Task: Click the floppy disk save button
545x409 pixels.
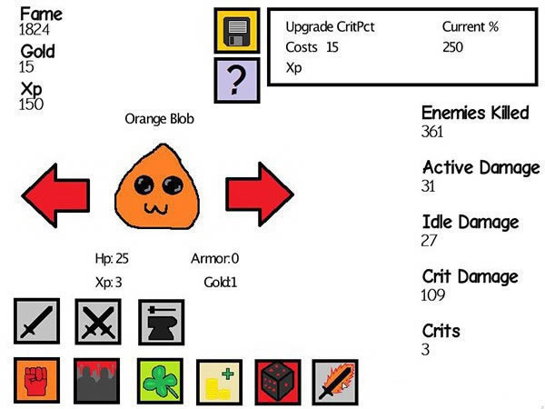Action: tap(236, 30)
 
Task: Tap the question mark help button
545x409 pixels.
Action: tap(236, 80)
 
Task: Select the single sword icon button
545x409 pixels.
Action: tap(36, 322)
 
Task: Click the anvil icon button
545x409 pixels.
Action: tap(161, 322)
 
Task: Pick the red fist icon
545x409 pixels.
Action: tap(36, 380)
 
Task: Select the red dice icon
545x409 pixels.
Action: tap(278, 380)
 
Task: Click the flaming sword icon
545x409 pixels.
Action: tap(335, 380)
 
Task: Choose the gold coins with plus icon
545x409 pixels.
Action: tap(218, 380)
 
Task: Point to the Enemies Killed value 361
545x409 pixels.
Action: tap(435, 132)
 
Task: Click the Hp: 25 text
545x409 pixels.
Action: tap(112, 259)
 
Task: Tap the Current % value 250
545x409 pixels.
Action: tap(455, 47)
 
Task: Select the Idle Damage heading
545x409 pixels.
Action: tap(471, 222)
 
